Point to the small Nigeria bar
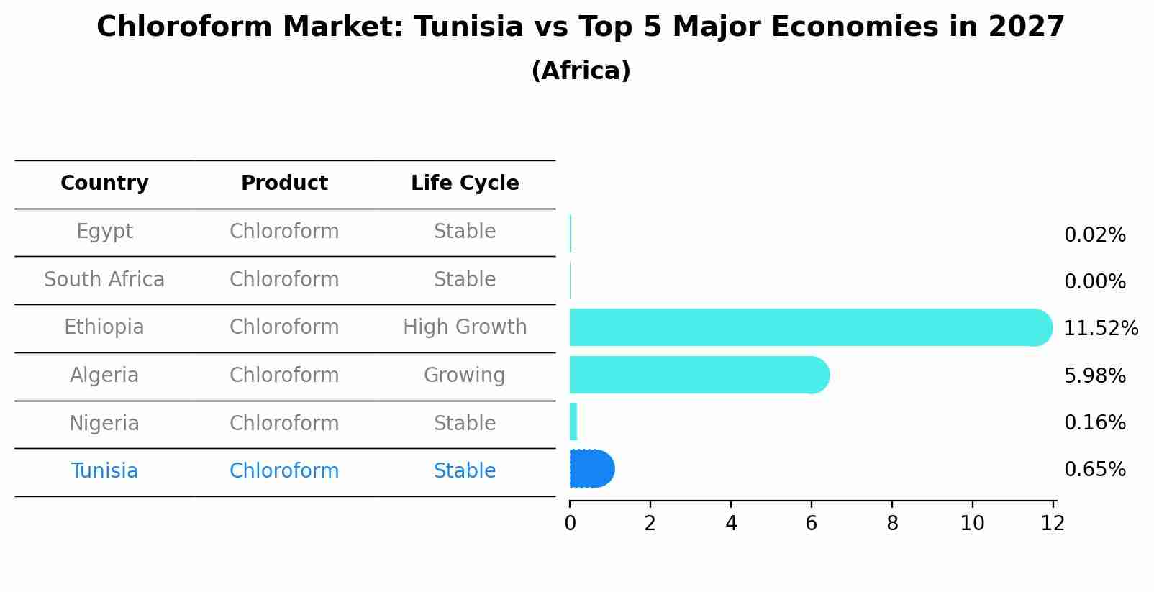click(x=573, y=422)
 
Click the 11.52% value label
click(x=1100, y=329)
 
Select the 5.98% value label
click(x=1094, y=375)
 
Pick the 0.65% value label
click(x=1094, y=470)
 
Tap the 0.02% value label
click(x=1094, y=235)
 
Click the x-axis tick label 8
click(x=892, y=524)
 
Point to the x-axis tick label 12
click(x=1053, y=524)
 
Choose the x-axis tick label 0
click(x=570, y=524)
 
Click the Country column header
click(x=104, y=183)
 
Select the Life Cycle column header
click(x=465, y=183)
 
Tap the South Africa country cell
click(x=104, y=280)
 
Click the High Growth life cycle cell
click(x=465, y=327)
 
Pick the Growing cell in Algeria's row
click(x=465, y=375)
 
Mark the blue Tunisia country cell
click(x=104, y=471)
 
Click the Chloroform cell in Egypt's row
click(x=284, y=232)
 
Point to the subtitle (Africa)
click(x=581, y=71)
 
